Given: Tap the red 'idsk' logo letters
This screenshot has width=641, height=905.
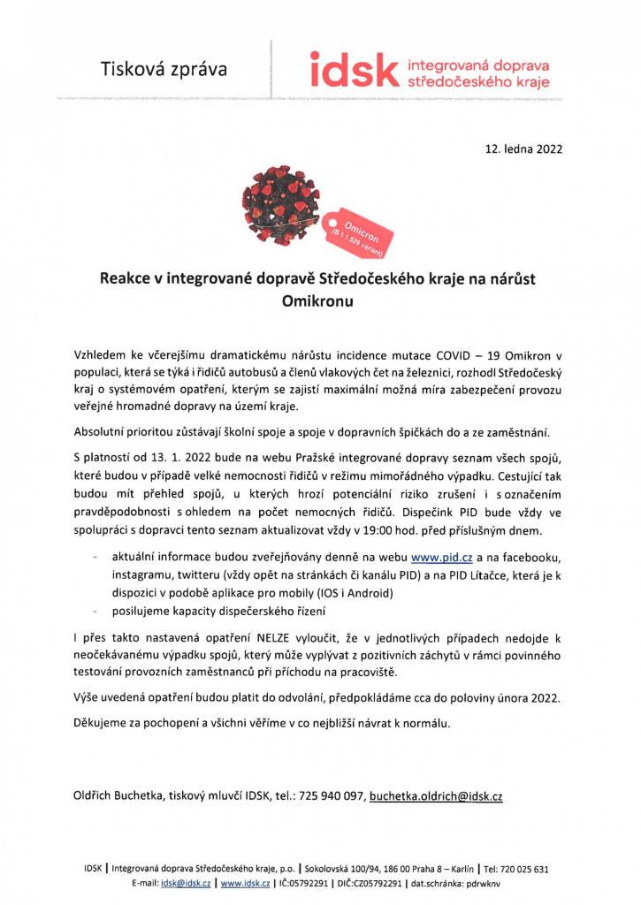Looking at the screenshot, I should [350, 69].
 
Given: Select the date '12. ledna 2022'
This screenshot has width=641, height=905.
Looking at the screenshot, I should [523, 149].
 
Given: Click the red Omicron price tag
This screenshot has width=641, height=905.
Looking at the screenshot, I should [362, 225].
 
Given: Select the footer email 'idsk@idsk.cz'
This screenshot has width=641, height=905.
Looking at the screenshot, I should [186, 882].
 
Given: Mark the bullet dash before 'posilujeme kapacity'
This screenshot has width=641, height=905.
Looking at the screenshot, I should [94, 610].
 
